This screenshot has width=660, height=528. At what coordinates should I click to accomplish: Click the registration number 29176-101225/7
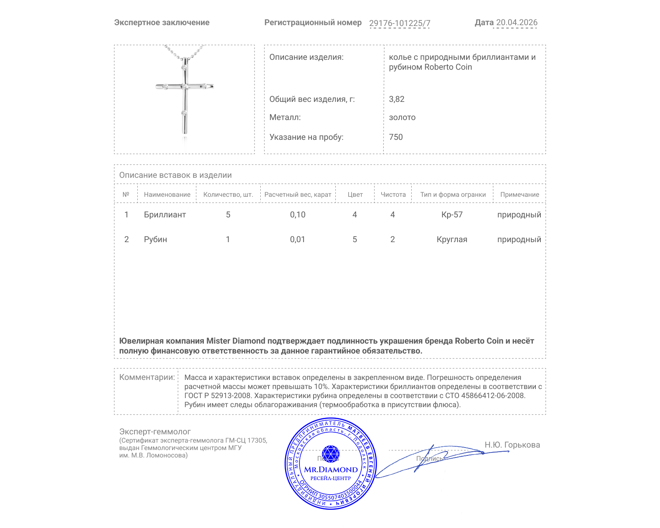399,23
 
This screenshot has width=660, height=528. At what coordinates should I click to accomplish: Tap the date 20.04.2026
516,23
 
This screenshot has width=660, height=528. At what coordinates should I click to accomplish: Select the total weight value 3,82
396,99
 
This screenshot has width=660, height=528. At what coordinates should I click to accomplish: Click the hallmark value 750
396,137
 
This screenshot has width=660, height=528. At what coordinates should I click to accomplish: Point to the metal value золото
402,118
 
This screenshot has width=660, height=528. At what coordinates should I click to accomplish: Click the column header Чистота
393,195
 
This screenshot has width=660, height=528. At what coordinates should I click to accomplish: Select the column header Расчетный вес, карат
297,195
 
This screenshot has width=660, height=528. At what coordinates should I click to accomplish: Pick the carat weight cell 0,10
297,214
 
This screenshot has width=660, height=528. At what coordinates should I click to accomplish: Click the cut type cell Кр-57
452,214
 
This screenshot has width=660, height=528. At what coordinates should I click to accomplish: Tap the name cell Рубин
155,239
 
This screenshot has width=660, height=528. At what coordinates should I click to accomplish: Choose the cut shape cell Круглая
452,239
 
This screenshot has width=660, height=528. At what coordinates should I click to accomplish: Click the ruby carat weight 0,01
297,239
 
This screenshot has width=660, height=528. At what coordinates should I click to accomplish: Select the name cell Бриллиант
165,214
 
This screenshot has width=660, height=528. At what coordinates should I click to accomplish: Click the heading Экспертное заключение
162,23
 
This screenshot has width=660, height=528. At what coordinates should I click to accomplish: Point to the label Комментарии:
147,377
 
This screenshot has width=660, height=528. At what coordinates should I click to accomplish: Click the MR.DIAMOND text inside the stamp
331,469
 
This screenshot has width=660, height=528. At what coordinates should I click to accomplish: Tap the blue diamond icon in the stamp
330,453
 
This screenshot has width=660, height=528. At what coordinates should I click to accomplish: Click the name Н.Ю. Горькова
512,445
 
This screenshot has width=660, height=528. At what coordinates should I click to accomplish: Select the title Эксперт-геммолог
155,431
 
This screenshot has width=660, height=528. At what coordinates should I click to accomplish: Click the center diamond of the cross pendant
184,87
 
